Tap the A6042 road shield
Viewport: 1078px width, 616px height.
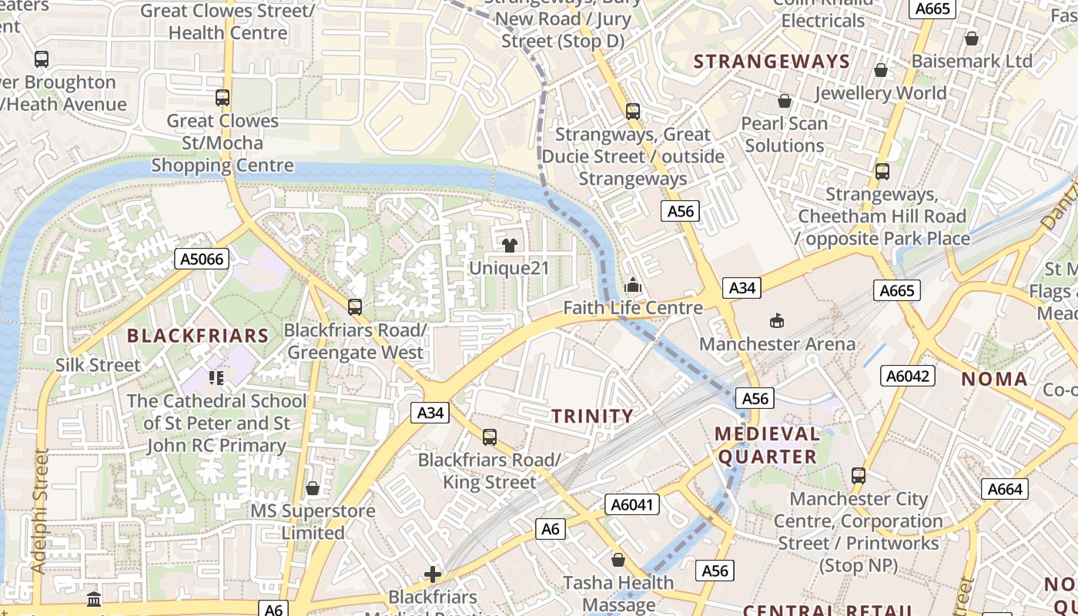point(908,376)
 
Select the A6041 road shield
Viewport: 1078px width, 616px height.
point(632,504)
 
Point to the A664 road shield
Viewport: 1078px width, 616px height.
point(1005,489)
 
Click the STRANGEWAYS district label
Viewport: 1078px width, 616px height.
point(772,62)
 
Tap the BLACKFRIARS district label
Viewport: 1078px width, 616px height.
point(198,336)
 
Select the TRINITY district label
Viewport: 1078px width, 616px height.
point(592,417)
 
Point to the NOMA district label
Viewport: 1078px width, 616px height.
point(994,379)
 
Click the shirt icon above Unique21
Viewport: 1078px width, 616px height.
point(509,246)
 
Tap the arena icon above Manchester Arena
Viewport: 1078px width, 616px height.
point(777,320)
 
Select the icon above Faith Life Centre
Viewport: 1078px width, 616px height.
point(633,286)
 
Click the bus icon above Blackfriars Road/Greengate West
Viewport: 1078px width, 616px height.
point(354,307)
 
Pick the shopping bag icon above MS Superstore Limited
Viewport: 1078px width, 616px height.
point(313,488)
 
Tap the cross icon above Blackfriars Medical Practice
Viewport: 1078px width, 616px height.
point(433,574)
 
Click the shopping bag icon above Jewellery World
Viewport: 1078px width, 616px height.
point(881,71)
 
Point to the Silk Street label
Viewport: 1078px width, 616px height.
point(98,365)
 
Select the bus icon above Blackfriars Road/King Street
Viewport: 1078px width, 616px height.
point(489,437)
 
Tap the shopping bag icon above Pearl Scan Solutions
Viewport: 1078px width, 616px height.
point(784,101)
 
